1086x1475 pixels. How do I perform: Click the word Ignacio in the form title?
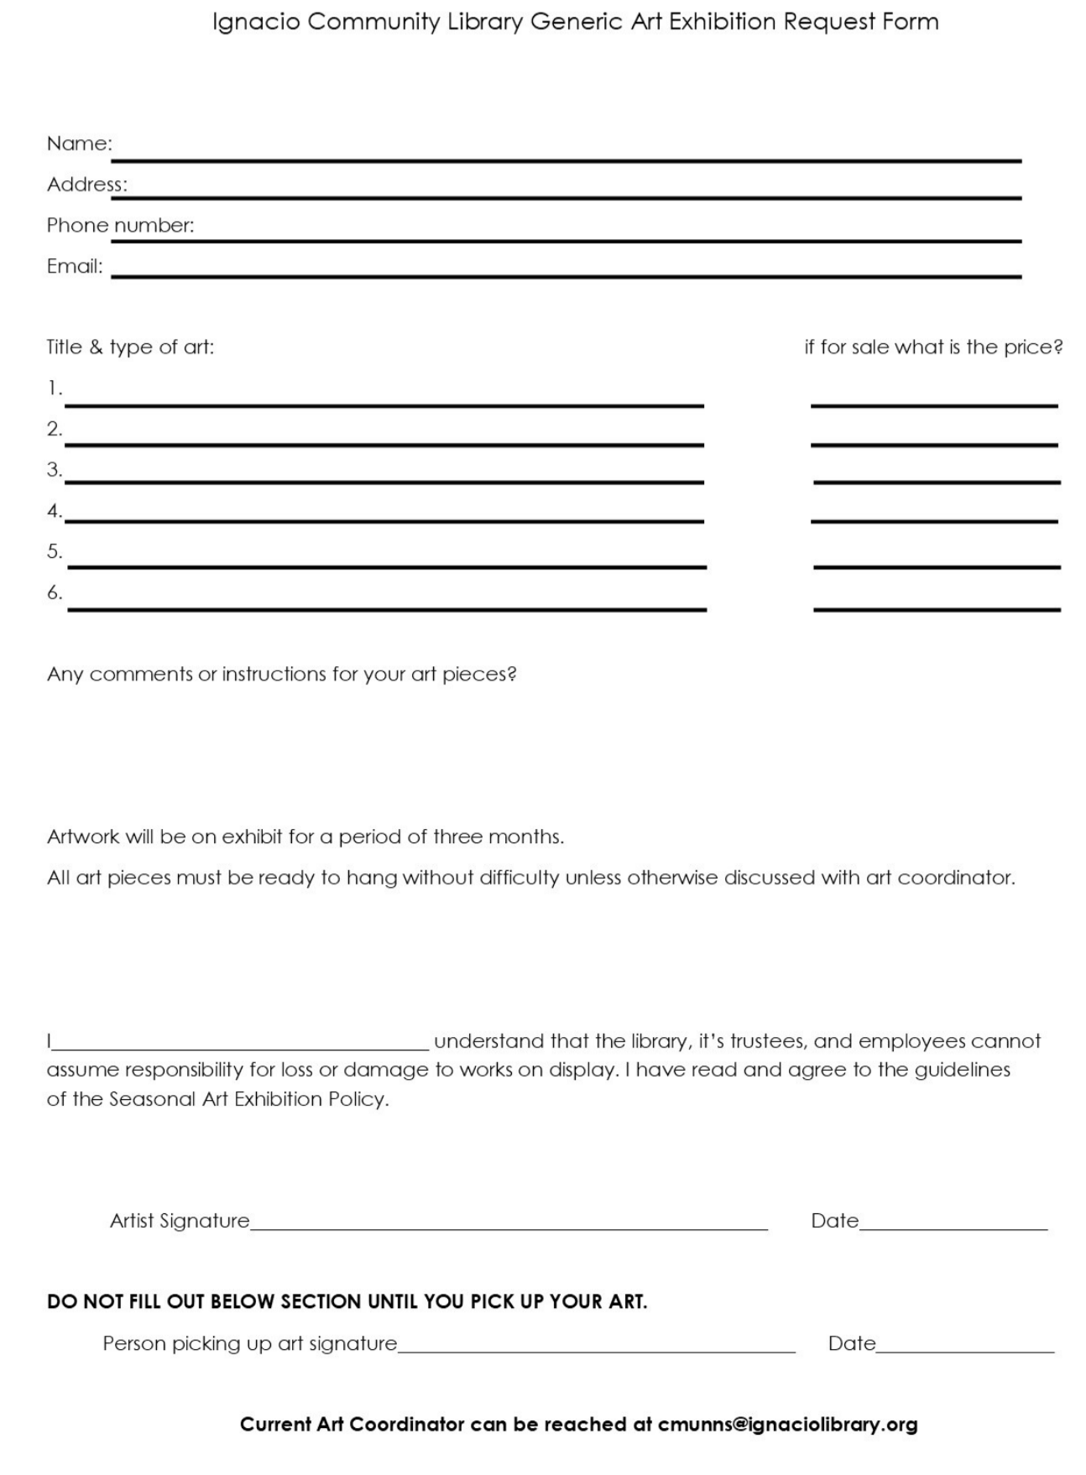click(x=256, y=22)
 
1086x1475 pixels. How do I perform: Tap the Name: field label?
click(x=79, y=143)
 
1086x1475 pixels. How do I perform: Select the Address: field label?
click(x=86, y=185)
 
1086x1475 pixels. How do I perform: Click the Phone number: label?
click(x=120, y=226)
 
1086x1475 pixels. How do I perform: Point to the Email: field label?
click(x=75, y=267)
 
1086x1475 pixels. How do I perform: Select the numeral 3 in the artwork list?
click(x=54, y=470)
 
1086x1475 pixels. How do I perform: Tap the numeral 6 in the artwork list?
click(x=54, y=593)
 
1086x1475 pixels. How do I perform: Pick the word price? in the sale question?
click(x=1033, y=347)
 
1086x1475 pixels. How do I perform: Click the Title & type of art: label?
click(x=130, y=347)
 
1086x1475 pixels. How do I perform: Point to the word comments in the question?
click(x=140, y=675)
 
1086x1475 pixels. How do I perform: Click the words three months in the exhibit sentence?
click(x=498, y=837)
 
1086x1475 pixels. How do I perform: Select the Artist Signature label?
click(x=180, y=1221)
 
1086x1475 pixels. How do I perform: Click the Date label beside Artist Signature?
click(x=834, y=1221)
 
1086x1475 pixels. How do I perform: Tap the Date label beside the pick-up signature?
click(x=851, y=1344)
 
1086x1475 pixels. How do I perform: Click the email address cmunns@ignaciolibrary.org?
click(x=787, y=1425)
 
